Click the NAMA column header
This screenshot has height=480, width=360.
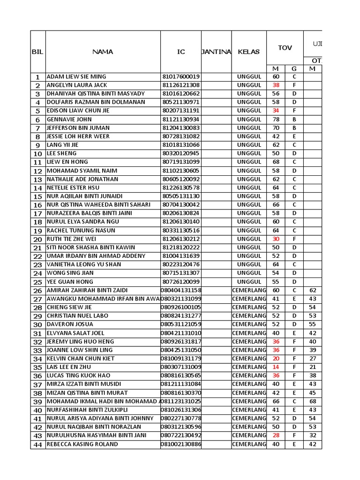[102, 52]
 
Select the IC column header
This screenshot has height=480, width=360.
[181, 52]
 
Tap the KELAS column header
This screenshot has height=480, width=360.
[248, 52]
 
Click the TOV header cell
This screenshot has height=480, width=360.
[285, 48]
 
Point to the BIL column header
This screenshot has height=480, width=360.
[37, 52]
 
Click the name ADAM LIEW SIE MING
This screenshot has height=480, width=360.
[76, 77]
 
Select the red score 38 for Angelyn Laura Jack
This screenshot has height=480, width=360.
[276, 85]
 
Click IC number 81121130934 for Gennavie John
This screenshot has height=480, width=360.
[181, 120]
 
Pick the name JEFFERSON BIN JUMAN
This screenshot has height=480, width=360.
[78, 128]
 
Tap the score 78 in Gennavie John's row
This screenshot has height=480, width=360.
[276, 120]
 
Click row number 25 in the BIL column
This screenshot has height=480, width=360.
[37, 282]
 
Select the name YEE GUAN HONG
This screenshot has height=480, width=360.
[70, 282]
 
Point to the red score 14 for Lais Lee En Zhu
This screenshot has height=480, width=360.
[276, 367]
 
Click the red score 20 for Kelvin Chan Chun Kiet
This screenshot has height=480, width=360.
[276, 359]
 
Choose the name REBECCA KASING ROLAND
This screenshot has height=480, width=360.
[82, 444]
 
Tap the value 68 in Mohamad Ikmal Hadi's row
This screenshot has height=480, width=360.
[313, 401]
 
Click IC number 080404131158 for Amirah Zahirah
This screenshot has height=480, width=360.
[181, 290]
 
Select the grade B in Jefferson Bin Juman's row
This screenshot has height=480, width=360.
[294, 128]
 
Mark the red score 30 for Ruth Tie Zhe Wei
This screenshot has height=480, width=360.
[276, 239]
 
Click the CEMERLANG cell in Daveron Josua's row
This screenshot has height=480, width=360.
[249, 324]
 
